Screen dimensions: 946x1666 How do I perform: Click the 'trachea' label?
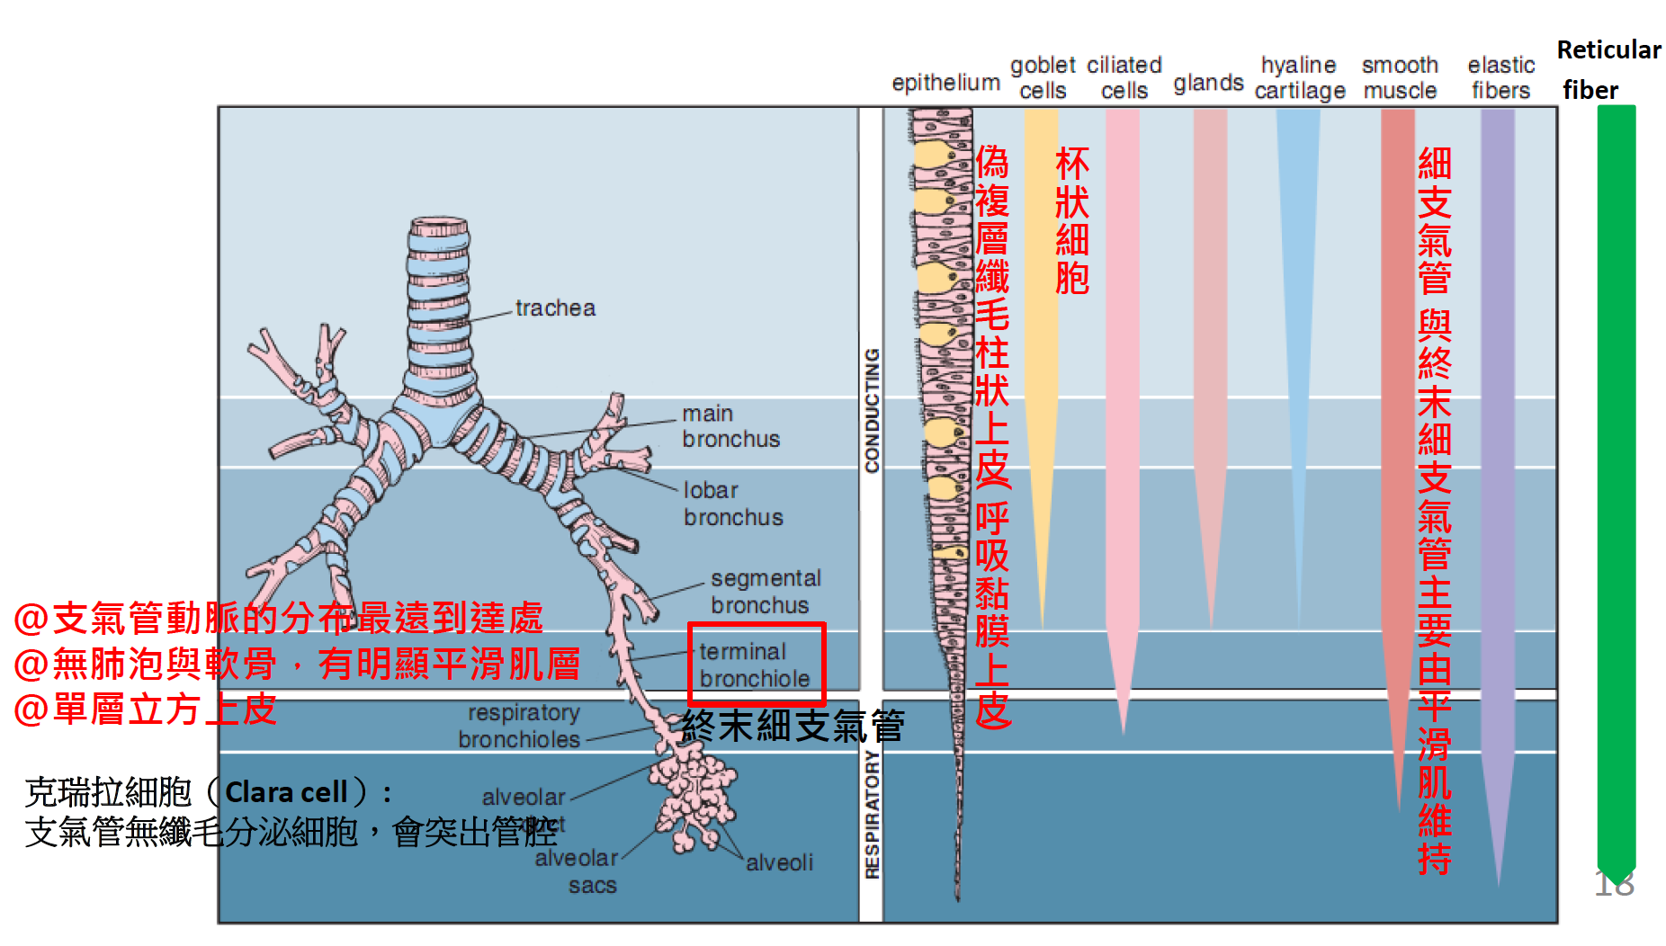(x=555, y=308)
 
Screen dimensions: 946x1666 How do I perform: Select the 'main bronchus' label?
(x=730, y=426)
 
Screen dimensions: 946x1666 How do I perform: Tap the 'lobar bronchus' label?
(x=732, y=504)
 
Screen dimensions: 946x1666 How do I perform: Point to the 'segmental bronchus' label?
(x=766, y=592)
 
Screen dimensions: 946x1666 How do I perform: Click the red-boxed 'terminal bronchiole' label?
(x=755, y=665)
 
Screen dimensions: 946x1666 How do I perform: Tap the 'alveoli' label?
(x=779, y=863)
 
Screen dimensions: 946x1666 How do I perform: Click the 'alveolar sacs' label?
(x=578, y=871)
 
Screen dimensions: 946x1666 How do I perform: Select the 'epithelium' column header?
(x=945, y=83)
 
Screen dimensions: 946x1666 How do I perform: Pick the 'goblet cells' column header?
(x=1043, y=77)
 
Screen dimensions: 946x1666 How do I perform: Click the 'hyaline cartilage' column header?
(x=1299, y=77)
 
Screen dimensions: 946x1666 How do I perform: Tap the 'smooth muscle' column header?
(x=1400, y=77)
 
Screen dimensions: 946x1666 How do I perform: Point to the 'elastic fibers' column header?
(x=1500, y=77)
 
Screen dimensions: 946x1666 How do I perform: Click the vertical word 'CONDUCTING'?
(x=872, y=410)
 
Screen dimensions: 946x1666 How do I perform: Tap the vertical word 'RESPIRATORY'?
(x=872, y=815)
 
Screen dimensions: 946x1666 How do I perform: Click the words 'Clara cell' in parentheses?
(x=286, y=792)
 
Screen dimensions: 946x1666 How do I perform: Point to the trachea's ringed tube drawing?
(x=438, y=306)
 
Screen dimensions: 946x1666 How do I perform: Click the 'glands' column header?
(x=1208, y=84)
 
